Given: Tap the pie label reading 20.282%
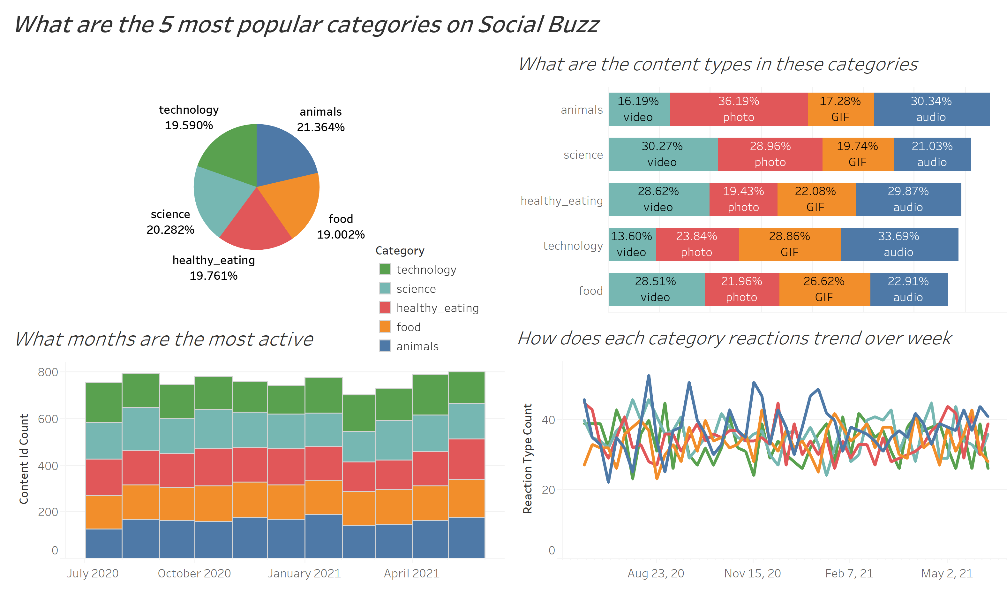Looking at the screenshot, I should click(170, 230).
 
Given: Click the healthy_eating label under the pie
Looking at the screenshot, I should click(214, 261).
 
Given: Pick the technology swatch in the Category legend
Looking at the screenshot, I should click(385, 270).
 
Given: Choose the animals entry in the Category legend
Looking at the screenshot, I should click(417, 346).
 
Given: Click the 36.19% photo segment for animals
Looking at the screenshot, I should click(738, 109).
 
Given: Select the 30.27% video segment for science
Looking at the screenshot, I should click(662, 155).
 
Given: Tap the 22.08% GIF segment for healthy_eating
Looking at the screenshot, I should click(815, 199).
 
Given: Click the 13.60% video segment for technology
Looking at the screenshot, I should click(631, 245).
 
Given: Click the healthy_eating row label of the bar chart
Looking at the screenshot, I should click(561, 201).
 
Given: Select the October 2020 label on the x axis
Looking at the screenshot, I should click(194, 574).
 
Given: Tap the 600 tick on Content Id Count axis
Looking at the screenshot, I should click(48, 419).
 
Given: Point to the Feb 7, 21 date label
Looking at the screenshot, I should click(849, 574).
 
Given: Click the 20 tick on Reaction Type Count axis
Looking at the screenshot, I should click(548, 490).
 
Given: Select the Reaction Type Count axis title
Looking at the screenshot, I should click(528, 459).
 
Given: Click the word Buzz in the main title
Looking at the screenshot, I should click(574, 25).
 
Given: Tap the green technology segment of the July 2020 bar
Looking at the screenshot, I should click(104, 403).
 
